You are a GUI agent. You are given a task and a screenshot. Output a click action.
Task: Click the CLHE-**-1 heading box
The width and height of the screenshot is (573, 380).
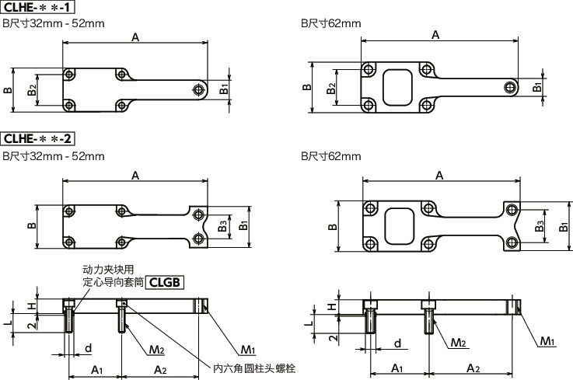pyautogui.click(x=38, y=8)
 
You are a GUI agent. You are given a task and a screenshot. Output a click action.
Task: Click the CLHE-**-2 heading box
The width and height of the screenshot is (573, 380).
pyautogui.click(x=38, y=139)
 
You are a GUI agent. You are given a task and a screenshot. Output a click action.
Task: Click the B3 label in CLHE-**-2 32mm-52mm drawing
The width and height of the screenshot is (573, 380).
pyautogui.click(x=222, y=226)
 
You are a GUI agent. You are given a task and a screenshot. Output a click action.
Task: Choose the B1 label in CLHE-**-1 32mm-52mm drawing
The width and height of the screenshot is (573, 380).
pyautogui.click(x=224, y=89)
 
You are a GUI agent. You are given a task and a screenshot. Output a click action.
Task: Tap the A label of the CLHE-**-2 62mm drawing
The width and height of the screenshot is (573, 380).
pyautogui.click(x=439, y=176)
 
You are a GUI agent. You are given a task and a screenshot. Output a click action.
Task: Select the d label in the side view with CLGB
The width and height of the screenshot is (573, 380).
pyautogui.click(x=89, y=347)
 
